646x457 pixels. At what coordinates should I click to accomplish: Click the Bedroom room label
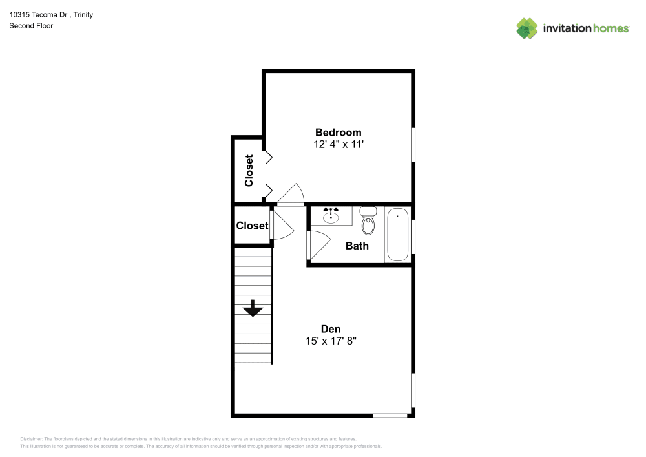(338, 133)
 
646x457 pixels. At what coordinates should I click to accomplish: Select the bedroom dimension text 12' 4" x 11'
(338, 145)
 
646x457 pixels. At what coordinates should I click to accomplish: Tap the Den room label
(331, 328)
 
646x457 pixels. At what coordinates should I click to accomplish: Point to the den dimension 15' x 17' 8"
(331, 341)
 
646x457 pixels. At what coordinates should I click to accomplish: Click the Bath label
(357, 246)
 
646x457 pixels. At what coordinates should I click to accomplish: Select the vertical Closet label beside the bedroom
(249, 170)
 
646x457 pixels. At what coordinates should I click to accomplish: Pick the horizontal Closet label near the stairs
(252, 226)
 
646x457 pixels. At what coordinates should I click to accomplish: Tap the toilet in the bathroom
(368, 222)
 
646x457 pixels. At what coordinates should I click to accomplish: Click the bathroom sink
(331, 215)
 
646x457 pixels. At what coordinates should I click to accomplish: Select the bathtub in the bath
(397, 234)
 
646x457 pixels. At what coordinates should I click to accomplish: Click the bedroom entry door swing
(291, 194)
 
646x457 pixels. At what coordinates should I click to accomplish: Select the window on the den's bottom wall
(390, 415)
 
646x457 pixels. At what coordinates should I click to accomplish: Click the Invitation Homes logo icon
(527, 28)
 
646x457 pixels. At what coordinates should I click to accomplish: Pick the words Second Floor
(31, 26)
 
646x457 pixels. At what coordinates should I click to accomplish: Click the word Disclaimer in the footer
(31, 438)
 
